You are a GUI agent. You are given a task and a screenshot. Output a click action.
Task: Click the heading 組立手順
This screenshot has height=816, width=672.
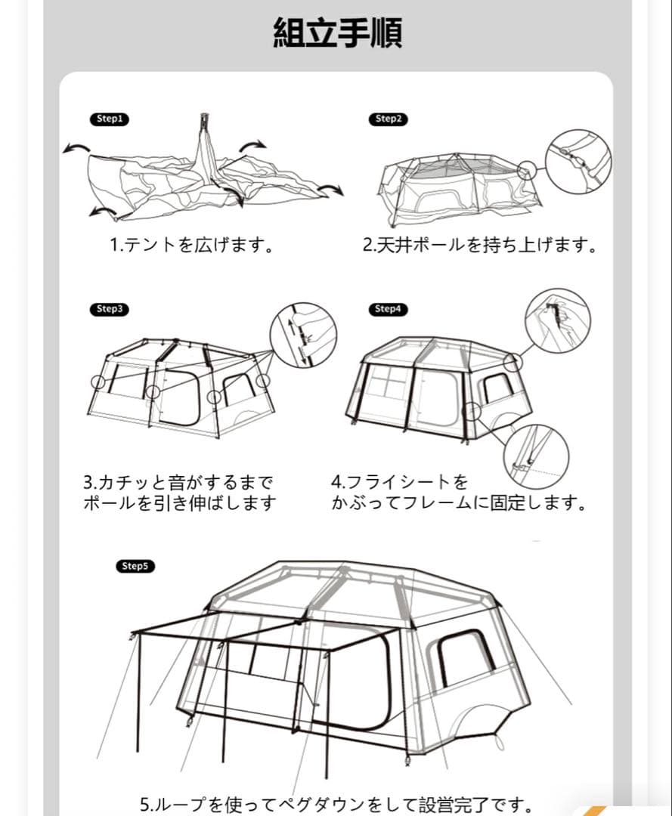click(x=337, y=33)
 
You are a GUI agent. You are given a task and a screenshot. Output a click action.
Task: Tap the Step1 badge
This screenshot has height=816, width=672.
click(x=110, y=119)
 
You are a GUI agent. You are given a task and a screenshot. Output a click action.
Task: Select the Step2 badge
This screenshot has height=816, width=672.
click(x=388, y=119)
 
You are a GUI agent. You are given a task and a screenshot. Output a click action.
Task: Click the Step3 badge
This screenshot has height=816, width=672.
click(x=110, y=309)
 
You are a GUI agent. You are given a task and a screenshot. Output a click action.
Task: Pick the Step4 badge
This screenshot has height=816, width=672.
click(x=388, y=309)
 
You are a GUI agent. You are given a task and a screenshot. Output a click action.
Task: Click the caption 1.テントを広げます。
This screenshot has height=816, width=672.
click(x=191, y=246)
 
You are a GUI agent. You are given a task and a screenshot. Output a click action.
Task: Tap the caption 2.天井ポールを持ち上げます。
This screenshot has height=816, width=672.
click(x=479, y=246)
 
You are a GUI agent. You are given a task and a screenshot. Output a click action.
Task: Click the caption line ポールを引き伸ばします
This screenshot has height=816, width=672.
click(x=180, y=503)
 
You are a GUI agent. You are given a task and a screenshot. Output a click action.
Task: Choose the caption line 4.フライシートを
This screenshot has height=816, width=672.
click(x=400, y=482)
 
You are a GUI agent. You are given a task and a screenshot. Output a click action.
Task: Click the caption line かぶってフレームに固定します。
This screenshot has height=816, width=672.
click(x=459, y=503)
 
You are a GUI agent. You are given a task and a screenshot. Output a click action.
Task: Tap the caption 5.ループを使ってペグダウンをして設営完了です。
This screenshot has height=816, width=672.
click(x=336, y=804)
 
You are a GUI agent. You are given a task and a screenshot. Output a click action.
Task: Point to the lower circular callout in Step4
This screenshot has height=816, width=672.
click(x=536, y=456)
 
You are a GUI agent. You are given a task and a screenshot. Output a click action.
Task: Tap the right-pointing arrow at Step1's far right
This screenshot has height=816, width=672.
click(x=330, y=188)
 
